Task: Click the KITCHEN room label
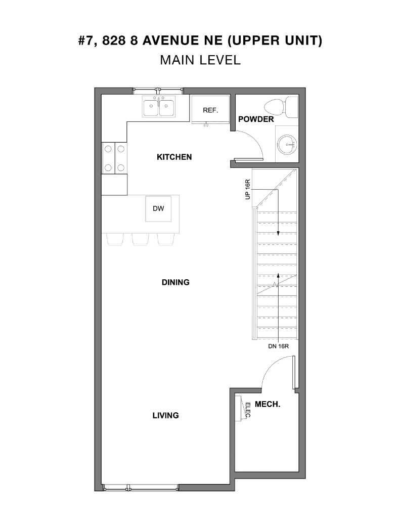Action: coord(174,157)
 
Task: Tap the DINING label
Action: coord(175,282)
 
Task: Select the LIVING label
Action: coord(166,415)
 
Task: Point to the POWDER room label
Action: coord(256,119)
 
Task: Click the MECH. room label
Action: coord(268,405)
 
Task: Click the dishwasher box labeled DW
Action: coord(155,208)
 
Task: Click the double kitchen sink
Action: coord(158,107)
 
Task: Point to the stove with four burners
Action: coord(114,158)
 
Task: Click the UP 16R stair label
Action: coord(248,189)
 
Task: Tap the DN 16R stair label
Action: coord(278,347)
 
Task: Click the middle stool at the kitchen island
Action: coord(140,239)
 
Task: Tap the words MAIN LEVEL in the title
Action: coord(200,60)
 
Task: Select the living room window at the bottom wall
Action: coord(141,487)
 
